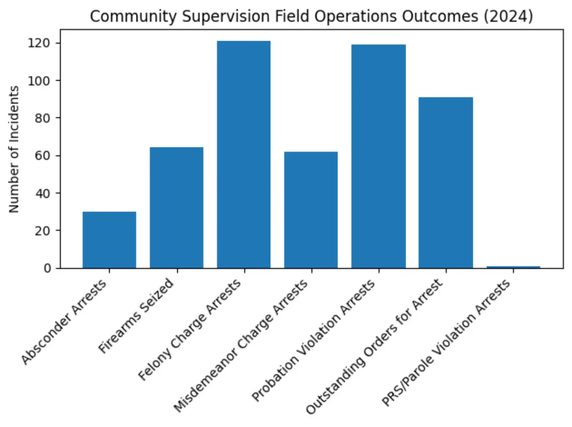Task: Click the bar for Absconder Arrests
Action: point(109,240)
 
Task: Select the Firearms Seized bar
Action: point(176,208)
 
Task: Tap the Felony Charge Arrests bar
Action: point(244,155)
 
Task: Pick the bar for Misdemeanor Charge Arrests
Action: point(311,210)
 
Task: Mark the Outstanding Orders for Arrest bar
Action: point(446,183)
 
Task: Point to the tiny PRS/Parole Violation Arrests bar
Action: point(513,267)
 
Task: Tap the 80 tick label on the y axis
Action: point(46,118)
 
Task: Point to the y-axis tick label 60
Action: point(46,156)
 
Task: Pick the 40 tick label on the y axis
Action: point(46,193)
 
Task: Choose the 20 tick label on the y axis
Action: point(46,230)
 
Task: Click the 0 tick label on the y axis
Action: point(49,268)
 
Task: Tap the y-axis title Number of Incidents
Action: point(15,149)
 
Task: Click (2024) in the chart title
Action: point(510,16)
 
